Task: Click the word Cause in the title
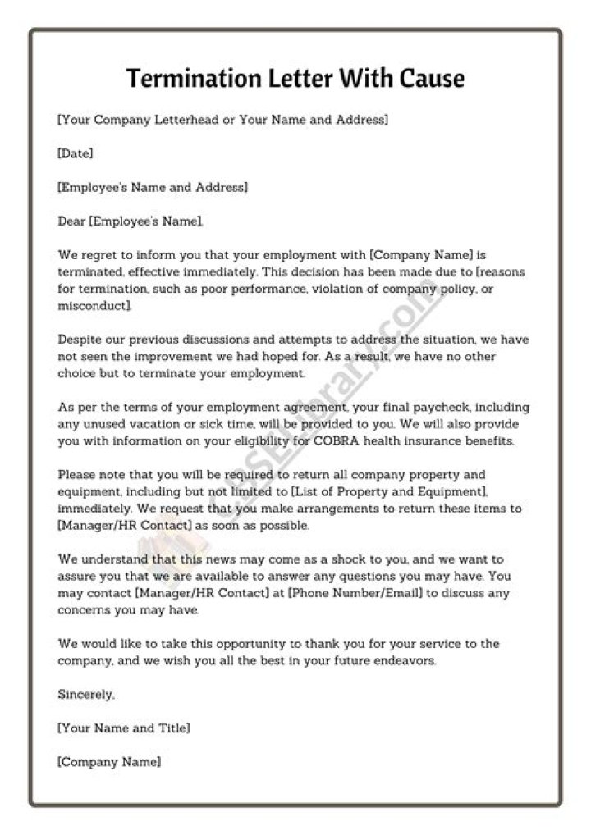tap(432, 78)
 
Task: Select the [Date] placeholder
tap(75, 153)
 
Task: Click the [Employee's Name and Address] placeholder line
tap(152, 187)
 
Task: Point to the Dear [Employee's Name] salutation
tap(130, 221)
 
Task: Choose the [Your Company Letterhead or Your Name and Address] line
tap(222, 120)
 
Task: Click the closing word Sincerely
tap(85, 694)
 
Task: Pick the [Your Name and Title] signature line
tap(123, 728)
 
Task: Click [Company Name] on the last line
tap(108, 761)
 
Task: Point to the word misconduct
tap(93, 305)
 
